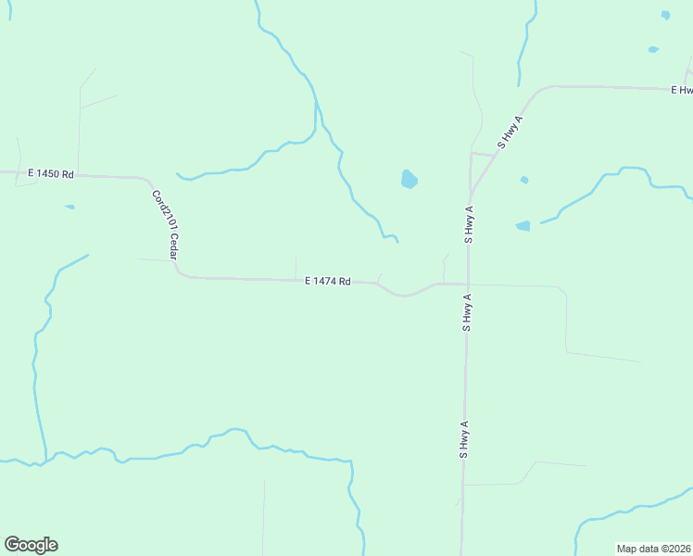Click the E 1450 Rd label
point(50,173)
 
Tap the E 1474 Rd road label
point(327,281)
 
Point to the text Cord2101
point(161,209)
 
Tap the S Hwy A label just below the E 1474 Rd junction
point(468,312)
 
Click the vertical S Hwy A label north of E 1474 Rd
point(470,224)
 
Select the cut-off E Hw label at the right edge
point(682,90)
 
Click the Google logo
point(31,545)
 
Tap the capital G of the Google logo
point(12,545)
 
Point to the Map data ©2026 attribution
point(652,549)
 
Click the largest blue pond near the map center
point(409,179)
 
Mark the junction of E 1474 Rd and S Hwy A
point(468,284)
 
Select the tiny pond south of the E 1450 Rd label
point(69,207)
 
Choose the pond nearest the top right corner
point(665,15)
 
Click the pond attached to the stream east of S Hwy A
point(523,225)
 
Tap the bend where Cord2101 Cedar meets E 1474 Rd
point(182,274)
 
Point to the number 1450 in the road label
point(49,173)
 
